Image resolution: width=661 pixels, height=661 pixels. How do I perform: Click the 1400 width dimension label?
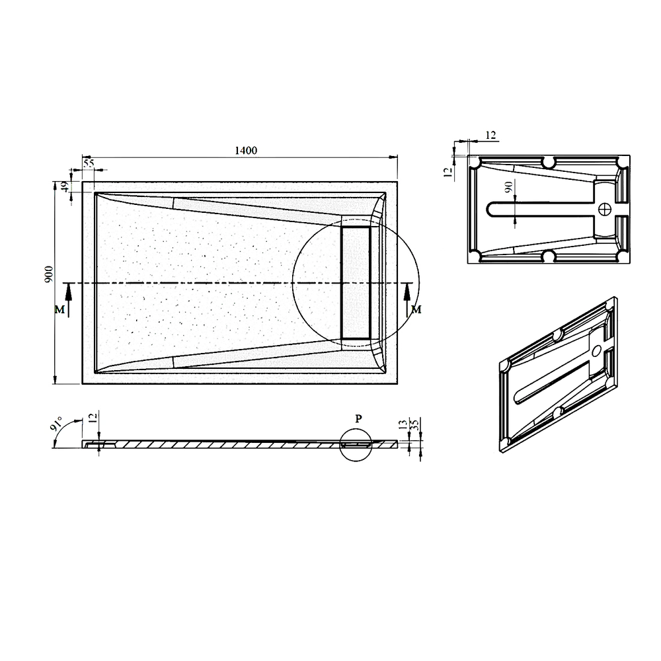[x=246, y=151]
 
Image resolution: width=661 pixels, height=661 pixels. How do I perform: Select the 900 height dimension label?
[x=49, y=274]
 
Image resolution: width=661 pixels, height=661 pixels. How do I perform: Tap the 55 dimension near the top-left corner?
[x=89, y=163]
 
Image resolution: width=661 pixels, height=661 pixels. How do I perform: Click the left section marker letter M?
[x=59, y=310]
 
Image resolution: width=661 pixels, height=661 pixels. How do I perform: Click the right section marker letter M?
[x=416, y=310]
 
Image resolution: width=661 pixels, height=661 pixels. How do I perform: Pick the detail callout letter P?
[x=358, y=418]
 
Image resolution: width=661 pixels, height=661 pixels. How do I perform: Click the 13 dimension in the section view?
[x=403, y=424]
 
